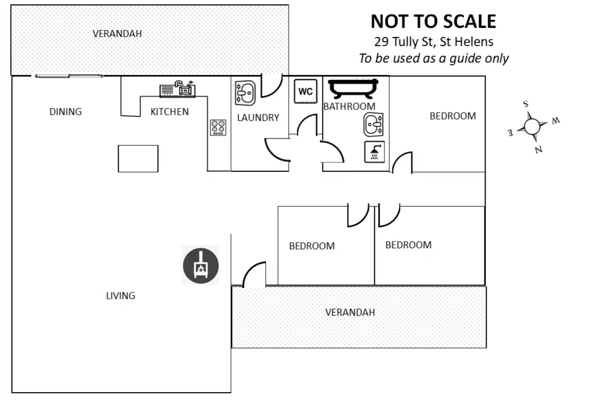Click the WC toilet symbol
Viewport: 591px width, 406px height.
coord(305,91)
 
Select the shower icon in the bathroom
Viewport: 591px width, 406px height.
coord(374,152)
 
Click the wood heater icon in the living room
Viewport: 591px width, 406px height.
coord(201,266)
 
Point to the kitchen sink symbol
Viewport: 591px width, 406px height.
coord(177,89)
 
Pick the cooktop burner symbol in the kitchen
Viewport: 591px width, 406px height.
coord(218,127)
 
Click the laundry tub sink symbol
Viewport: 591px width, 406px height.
coord(245,93)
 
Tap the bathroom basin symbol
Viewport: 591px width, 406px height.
coord(373,124)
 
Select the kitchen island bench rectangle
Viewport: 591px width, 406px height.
coord(138,159)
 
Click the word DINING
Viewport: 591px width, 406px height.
coord(66,112)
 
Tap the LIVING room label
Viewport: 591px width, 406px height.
coord(121,296)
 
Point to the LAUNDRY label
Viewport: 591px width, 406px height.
coord(258,118)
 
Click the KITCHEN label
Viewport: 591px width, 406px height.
coord(170,112)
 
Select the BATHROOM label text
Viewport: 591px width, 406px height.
coord(349,106)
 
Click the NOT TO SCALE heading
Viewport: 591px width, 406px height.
coord(433,21)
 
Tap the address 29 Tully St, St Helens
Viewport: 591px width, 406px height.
coord(434,42)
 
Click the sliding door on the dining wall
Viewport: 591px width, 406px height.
coord(68,76)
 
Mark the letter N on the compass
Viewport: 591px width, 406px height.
coord(539,150)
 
